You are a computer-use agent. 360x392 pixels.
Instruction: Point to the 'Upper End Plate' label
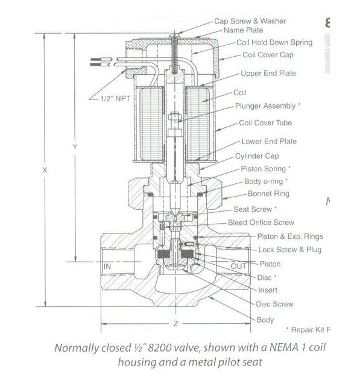[x=268, y=74]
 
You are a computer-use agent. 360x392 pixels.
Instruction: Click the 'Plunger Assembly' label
[x=267, y=106]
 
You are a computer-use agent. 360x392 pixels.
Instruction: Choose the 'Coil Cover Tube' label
[x=266, y=123]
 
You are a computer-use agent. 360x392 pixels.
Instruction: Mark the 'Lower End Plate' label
[x=269, y=142]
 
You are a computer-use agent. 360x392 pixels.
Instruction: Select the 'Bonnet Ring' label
[x=268, y=194]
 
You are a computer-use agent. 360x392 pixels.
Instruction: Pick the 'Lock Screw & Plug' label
[x=289, y=249]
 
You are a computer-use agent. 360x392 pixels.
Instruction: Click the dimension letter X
[x=45, y=171]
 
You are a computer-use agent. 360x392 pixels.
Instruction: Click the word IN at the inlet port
[x=109, y=265]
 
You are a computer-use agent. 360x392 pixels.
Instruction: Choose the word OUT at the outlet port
[x=239, y=266]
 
